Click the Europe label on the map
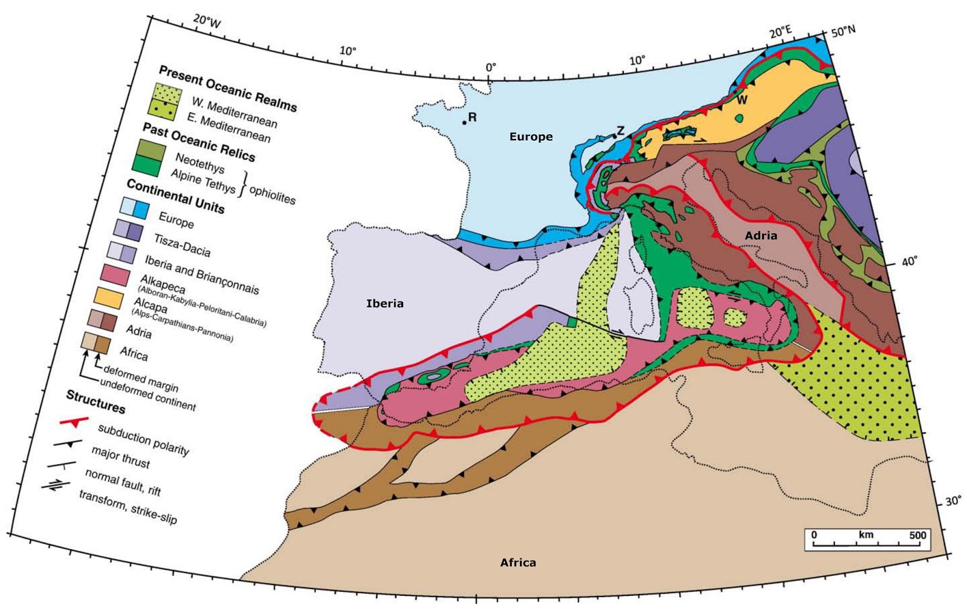point(531,137)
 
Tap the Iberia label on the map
point(385,303)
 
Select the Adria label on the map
point(760,236)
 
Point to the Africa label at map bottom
point(518,563)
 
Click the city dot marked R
point(464,123)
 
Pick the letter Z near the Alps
point(620,131)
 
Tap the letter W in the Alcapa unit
point(742,100)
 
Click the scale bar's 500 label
point(917,535)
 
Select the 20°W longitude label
point(207,22)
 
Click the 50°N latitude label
point(843,31)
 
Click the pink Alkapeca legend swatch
point(115,274)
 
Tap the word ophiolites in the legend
point(272,194)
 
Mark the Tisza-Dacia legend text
point(182,245)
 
